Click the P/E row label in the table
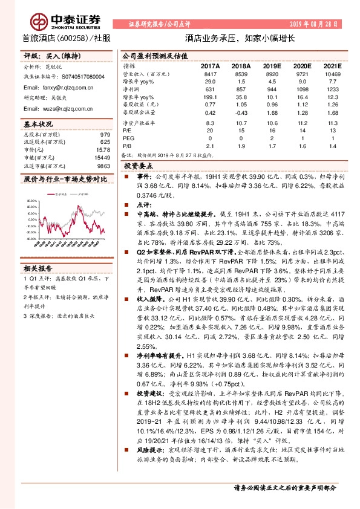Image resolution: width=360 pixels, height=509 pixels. point(128,129)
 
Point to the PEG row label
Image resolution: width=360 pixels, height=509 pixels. point(129,137)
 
